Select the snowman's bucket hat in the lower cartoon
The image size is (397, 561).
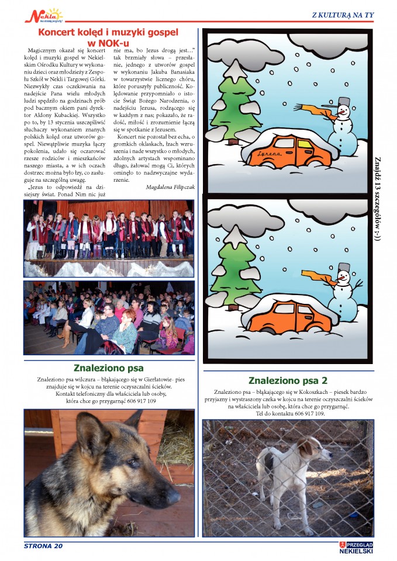tap(344, 268)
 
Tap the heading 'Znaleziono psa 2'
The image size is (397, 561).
tap(288, 380)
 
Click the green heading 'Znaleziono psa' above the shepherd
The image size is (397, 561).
tap(108, 368)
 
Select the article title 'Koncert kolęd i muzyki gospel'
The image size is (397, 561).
tap(108, 33)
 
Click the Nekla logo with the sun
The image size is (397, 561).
tap(44, 15)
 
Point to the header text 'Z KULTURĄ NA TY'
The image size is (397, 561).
tap(343, 15)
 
